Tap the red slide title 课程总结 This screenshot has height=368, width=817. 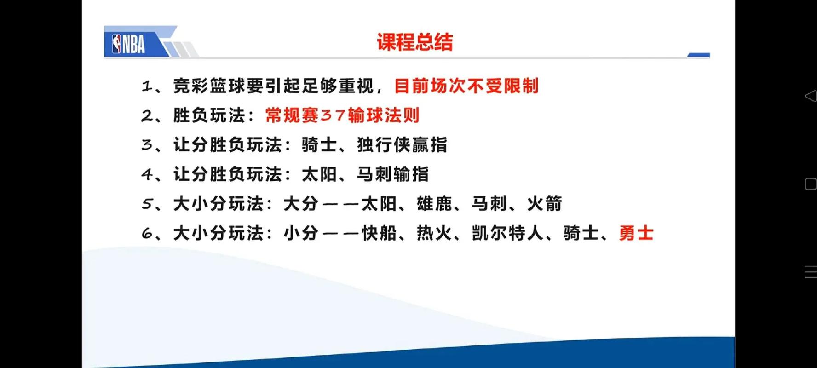tap(414, 42)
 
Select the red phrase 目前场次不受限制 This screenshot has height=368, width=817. tap(466, 86)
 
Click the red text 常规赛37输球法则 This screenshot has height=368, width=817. tap(342, 115)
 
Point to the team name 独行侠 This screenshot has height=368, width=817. tap(384, 145)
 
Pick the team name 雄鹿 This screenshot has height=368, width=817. tap(434, 204)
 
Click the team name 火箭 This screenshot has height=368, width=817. tap(544, 204)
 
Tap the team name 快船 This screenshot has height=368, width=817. tap(379, 233)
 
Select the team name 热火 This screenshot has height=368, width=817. tap(434, 233)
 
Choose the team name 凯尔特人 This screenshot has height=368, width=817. tap(507, 233)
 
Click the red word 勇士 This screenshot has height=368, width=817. tap(636, 233)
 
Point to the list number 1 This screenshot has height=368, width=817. tap(147, 86)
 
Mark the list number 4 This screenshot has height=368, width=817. tap(147, 174)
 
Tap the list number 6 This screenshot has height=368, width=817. tap(147, 233)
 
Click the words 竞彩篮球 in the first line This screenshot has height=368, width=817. tap(209, 86)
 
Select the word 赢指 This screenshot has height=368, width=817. tap(430, 145)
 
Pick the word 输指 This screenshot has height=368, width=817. tap(411, 174)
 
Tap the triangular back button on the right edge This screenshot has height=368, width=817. tap(810, 96)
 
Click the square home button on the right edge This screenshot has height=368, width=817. tap(810, 184)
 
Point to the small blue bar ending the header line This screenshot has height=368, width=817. tap(698, 55)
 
